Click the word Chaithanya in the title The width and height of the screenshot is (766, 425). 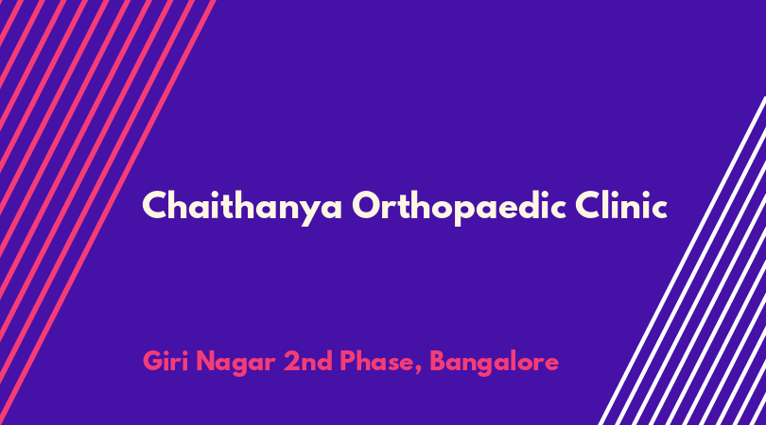(x=242, y=207)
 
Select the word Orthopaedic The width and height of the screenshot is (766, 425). (x=459, y=207)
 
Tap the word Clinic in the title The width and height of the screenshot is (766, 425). (x=621, y=205)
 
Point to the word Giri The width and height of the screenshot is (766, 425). (x=165, y=361)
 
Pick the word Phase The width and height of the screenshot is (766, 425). (x=376, y=361)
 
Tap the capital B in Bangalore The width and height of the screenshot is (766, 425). (x=439, y=361)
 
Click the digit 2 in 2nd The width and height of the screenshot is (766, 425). (x=291, y=361)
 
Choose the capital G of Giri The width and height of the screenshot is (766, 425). (x=153, y=361)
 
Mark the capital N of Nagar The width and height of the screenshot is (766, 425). (x=205, y=361)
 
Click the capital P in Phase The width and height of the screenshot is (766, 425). (x=348, y=361)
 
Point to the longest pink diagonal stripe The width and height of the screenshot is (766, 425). (x=107, y=212)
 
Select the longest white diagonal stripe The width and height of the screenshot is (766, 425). (x=683, y=261)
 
